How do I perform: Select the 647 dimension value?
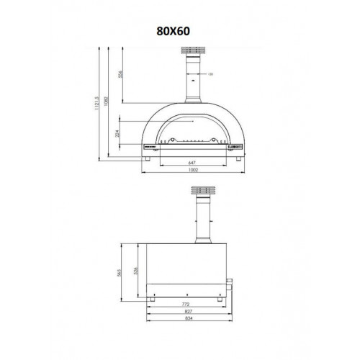click(x=192, y=162)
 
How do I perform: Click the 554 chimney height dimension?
click(x=121, y=74)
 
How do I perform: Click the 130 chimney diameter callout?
click(x=211, y=74)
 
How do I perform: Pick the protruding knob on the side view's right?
click(x=230, y=282)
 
